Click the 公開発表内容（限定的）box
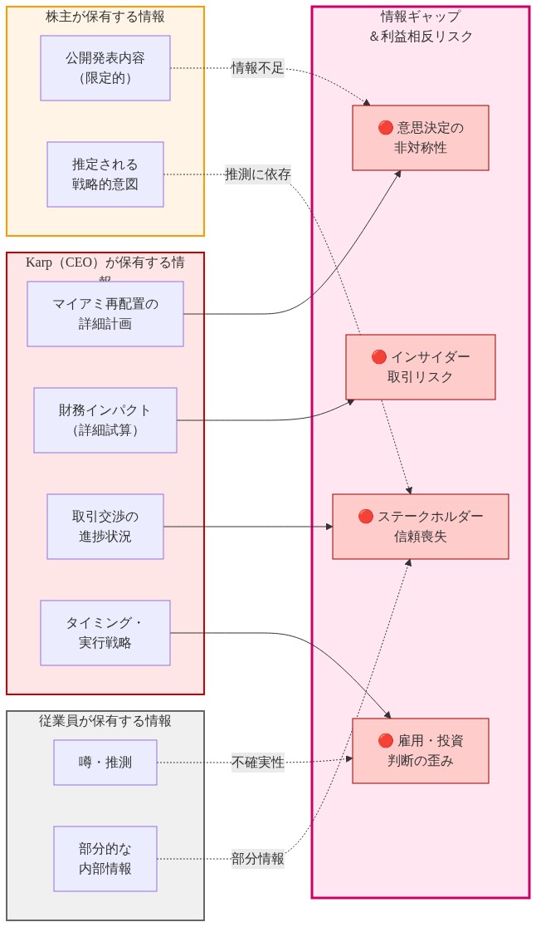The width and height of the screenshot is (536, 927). click(105, 68)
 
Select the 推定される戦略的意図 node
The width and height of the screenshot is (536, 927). click(105, 174)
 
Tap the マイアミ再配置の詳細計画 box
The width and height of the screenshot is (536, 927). click(105, 314)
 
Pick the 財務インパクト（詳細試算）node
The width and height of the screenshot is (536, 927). click(105, 420)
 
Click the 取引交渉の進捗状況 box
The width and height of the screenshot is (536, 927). click(105, 527)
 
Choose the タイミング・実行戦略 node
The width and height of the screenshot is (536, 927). click(105, 633)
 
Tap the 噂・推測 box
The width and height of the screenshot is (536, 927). click(105, 763)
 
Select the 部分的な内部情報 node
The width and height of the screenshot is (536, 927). click(105, 859)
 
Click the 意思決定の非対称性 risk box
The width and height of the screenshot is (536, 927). click(420, 138)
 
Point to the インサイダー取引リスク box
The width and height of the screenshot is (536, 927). click(420, 367)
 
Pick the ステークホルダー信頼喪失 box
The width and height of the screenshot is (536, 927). click(420, 527)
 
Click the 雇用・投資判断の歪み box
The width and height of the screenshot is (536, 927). click(420, 751)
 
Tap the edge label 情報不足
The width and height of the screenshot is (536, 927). click(257, 68)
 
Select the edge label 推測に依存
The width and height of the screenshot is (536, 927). click(257, 174)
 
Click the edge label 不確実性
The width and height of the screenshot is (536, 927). click(257, 763)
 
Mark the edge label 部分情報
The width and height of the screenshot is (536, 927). click(257, 859)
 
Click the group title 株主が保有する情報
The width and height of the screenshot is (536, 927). click(105, 17)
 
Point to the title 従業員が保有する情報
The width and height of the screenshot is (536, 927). click(105, 721)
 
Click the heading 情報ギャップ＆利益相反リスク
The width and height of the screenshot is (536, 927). click(421, 27)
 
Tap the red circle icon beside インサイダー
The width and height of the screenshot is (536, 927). click(379, 357)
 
